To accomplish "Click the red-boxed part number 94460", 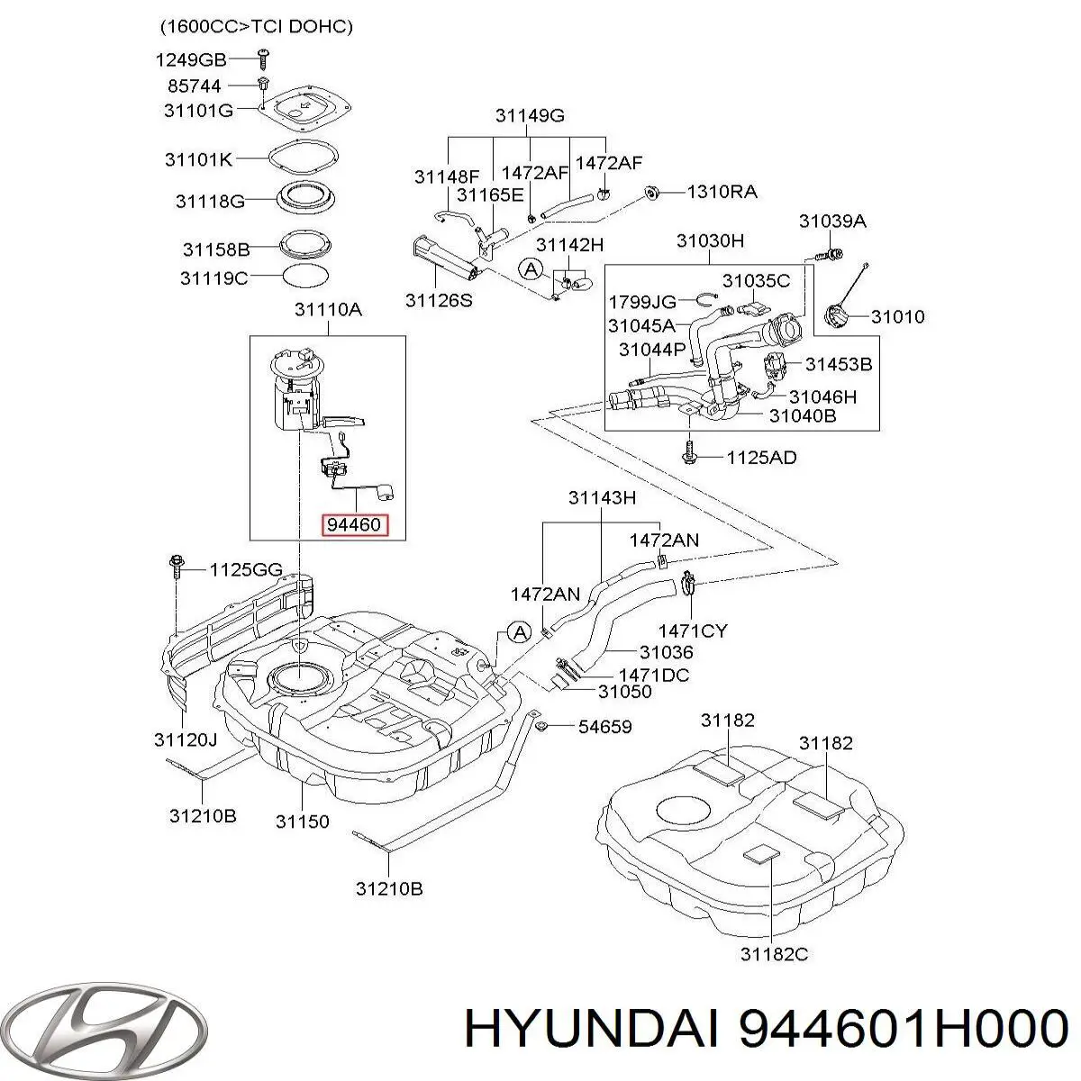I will pyautogui.click(x=355, y=523).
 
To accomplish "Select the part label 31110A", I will pyautogui.click(x=328, y=310).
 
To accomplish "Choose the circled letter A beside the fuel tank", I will pyautogui.click(x=520, y=632).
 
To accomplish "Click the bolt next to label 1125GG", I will pyautogui.click(x=176, y=567).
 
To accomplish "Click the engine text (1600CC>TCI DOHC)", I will pyautogui.click(x=256, y=27).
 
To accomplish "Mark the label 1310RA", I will pyautogui.click(x=722, y=192).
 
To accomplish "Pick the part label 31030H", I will pyautogui.click(x=711, y=241).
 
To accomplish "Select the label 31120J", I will pyautogui.click(x=186, y=740).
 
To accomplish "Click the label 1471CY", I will pyautogui.click(x=692, y=631).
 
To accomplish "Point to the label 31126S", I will pyautogui.click(x=439, y=301).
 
